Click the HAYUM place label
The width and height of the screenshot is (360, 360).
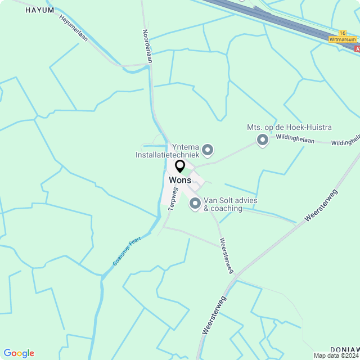(x=40, y=10)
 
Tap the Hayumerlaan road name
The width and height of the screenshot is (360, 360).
(x=73, y=26)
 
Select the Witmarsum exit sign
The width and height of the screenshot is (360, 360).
(x=343, y=39)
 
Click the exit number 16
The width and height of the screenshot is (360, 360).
(x=342, y=33)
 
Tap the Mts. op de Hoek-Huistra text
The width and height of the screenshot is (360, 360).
(x=289, y=128)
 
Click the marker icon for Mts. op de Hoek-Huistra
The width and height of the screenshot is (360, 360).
(x=262, y=139)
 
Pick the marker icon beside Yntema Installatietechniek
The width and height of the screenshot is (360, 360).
(x=208, y=150)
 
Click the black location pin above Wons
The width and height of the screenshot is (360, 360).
(x=180, y=166)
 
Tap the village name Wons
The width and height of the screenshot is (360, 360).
(x=180, y=180)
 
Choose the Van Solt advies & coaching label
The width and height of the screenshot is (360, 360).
(x=223, y=204)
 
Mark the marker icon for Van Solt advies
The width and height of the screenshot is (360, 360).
(x=195, y=204)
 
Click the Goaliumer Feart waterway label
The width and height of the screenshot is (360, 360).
(x=127, y=251)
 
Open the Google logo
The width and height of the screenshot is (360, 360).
(x=19, y=353)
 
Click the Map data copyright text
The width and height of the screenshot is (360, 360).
(x=336, y=355)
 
